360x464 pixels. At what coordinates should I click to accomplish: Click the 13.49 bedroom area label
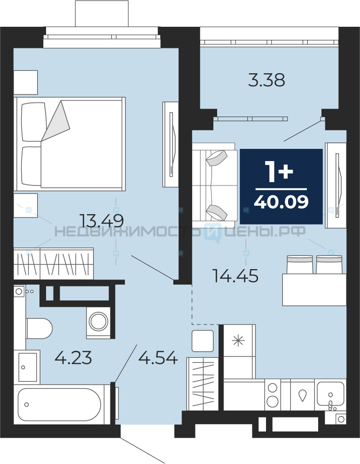pos(102,220)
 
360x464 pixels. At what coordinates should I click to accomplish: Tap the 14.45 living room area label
pos(235,276)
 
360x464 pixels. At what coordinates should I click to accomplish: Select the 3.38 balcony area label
pos(266,80)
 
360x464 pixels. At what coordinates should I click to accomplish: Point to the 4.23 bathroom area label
pos(73,357)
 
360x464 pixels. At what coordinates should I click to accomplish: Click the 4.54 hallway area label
pos(158,357)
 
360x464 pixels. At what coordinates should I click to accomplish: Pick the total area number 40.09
pos(281,202)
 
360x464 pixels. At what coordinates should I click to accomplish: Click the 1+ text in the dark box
pos(279,172)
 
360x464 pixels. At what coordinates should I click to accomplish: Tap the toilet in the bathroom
pos(39,328)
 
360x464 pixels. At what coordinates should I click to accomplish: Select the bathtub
pos(60,404)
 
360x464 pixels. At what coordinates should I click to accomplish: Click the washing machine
pos(98,322)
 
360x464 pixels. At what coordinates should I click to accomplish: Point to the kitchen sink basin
pos(330,394)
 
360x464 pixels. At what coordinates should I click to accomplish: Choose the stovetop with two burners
pos(273,395)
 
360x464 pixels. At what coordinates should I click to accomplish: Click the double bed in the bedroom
pos(70,144)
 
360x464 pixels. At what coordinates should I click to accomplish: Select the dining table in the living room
pos(314,290)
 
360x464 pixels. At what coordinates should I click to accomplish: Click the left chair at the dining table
pos(299,264)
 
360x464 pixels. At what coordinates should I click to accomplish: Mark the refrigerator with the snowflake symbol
pos(239,352)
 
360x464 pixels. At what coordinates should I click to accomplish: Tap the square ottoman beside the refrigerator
pos(203,341)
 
